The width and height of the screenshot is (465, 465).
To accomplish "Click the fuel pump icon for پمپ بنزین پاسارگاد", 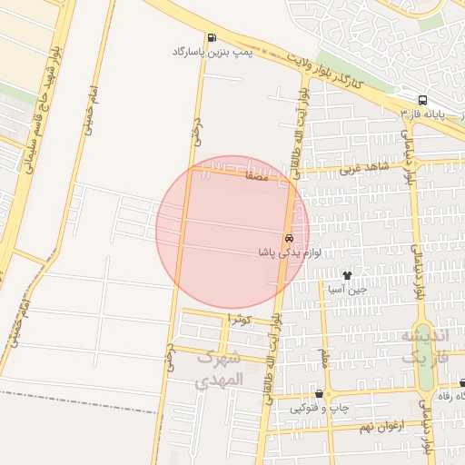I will (212, 38).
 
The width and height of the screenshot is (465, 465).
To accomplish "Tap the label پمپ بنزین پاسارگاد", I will (212, 53).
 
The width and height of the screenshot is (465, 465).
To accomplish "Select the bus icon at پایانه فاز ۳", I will (422, 101).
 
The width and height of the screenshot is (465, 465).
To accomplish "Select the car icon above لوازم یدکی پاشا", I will (290, 238).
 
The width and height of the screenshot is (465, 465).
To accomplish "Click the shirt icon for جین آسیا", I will (346, 274).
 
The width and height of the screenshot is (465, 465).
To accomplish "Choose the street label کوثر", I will (239, 319).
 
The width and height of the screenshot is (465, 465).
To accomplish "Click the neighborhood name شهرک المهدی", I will (220, 368).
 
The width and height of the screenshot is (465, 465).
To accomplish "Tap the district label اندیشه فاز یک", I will (424, 346).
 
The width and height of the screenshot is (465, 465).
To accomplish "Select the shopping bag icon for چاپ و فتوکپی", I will (319, 394).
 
